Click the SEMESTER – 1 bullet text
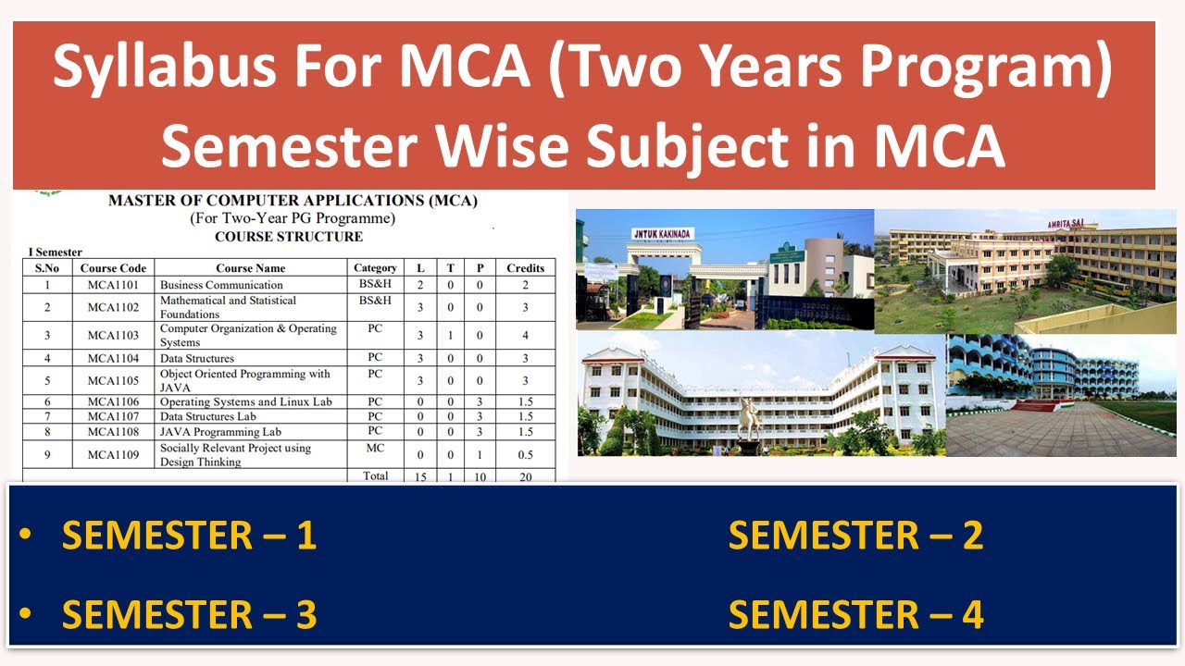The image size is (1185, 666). click(x=189, y=536)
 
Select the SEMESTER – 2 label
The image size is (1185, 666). click(x=855, y=536)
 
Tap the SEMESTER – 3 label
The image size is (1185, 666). click(x=189, y=615)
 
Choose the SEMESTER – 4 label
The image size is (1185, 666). click(x=855, y=615)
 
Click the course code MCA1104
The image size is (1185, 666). click(x=113, y=358)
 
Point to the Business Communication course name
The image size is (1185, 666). click(x=221, y=285)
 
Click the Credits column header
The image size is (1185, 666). click(x=525, y=268)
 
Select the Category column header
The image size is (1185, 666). click(x=375, y=268)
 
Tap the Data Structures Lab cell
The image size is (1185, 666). click(x=208, y=417)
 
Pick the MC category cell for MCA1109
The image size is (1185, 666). click(x=375, y=449)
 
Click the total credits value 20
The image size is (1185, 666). click(x=525, y=476)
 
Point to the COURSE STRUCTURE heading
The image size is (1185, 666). click(x=289, y=237)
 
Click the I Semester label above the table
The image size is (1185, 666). click(x=56, y=253)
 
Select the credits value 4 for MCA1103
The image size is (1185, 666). click(x=525, y=336)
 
